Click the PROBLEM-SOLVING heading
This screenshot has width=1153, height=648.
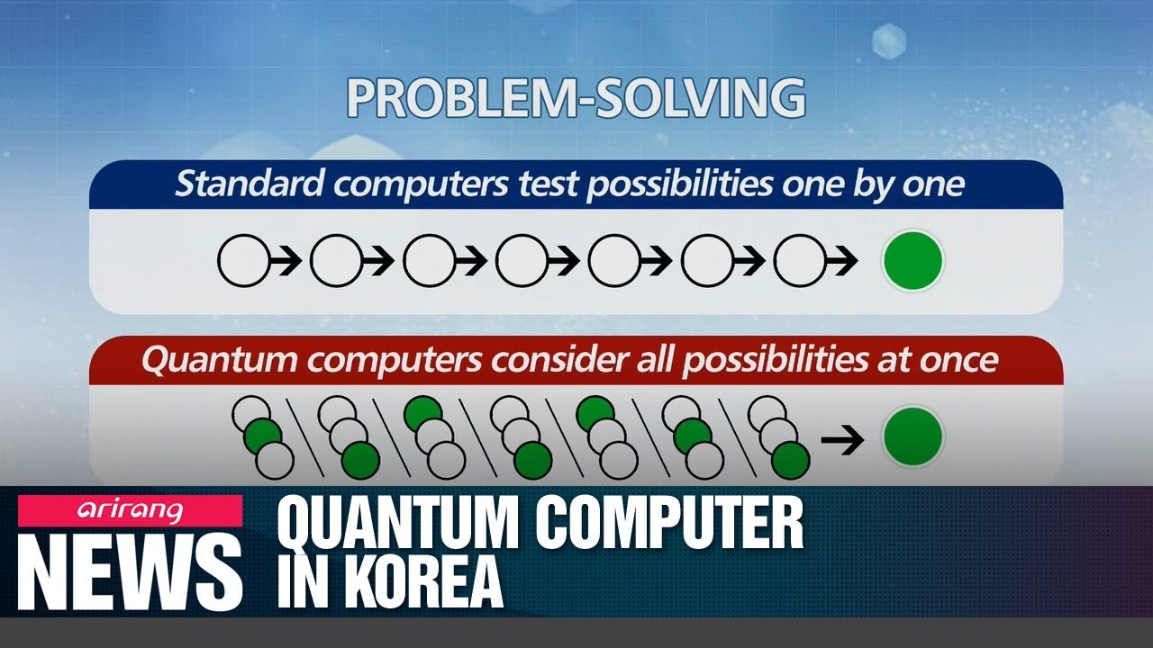(x=576, y=98)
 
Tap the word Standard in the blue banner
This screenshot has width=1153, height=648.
(x=249, y=184)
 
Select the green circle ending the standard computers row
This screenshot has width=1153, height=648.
(x=912, y=261)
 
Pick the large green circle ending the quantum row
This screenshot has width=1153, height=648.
(x=912, y=436)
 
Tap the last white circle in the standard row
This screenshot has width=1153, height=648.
(x=799, y=262)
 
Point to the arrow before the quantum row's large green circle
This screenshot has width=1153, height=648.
(x=842, y=438)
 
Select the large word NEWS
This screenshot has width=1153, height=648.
(x=130, y=571)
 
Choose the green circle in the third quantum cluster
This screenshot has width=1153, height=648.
(x=422, y=414)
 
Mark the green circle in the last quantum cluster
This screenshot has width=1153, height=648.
(x=790, y=460)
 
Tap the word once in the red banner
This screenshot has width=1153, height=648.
(x=958, y=360)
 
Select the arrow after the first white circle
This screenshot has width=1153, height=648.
(x=285, y=262)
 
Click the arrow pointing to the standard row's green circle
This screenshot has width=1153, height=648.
(x=842, y=262)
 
